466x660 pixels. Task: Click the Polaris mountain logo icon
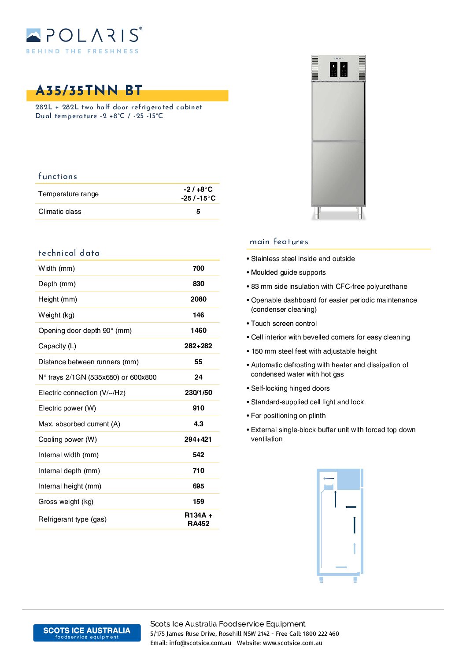tap(33, 35)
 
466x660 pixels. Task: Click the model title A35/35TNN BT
tap(89, 91)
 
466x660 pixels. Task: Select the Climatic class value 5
tap(198, 212)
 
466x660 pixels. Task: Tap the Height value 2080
tap(198, 299)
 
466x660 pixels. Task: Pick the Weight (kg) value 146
tap(198, 315)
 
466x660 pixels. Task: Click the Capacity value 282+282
tap(198, 346)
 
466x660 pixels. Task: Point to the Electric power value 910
tap(198, 408)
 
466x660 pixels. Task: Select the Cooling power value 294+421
tap(198, 440)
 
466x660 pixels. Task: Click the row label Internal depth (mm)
tap(69, 471)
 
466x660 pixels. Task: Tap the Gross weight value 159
tap(198, 502)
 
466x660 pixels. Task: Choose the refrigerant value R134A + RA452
tap(198, 519)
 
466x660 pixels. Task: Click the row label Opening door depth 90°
tap(85, 331)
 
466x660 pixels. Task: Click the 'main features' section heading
tap(279, 242)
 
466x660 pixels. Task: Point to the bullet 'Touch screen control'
tap(284, 324)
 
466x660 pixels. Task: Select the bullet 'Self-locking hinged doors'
tap(290, 388)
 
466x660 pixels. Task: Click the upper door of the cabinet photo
tap(338, 111)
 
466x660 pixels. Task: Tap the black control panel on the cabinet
tap(339, 69)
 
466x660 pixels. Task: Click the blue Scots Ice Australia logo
tap(87, 633)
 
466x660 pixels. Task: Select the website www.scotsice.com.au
tap(292, 643)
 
